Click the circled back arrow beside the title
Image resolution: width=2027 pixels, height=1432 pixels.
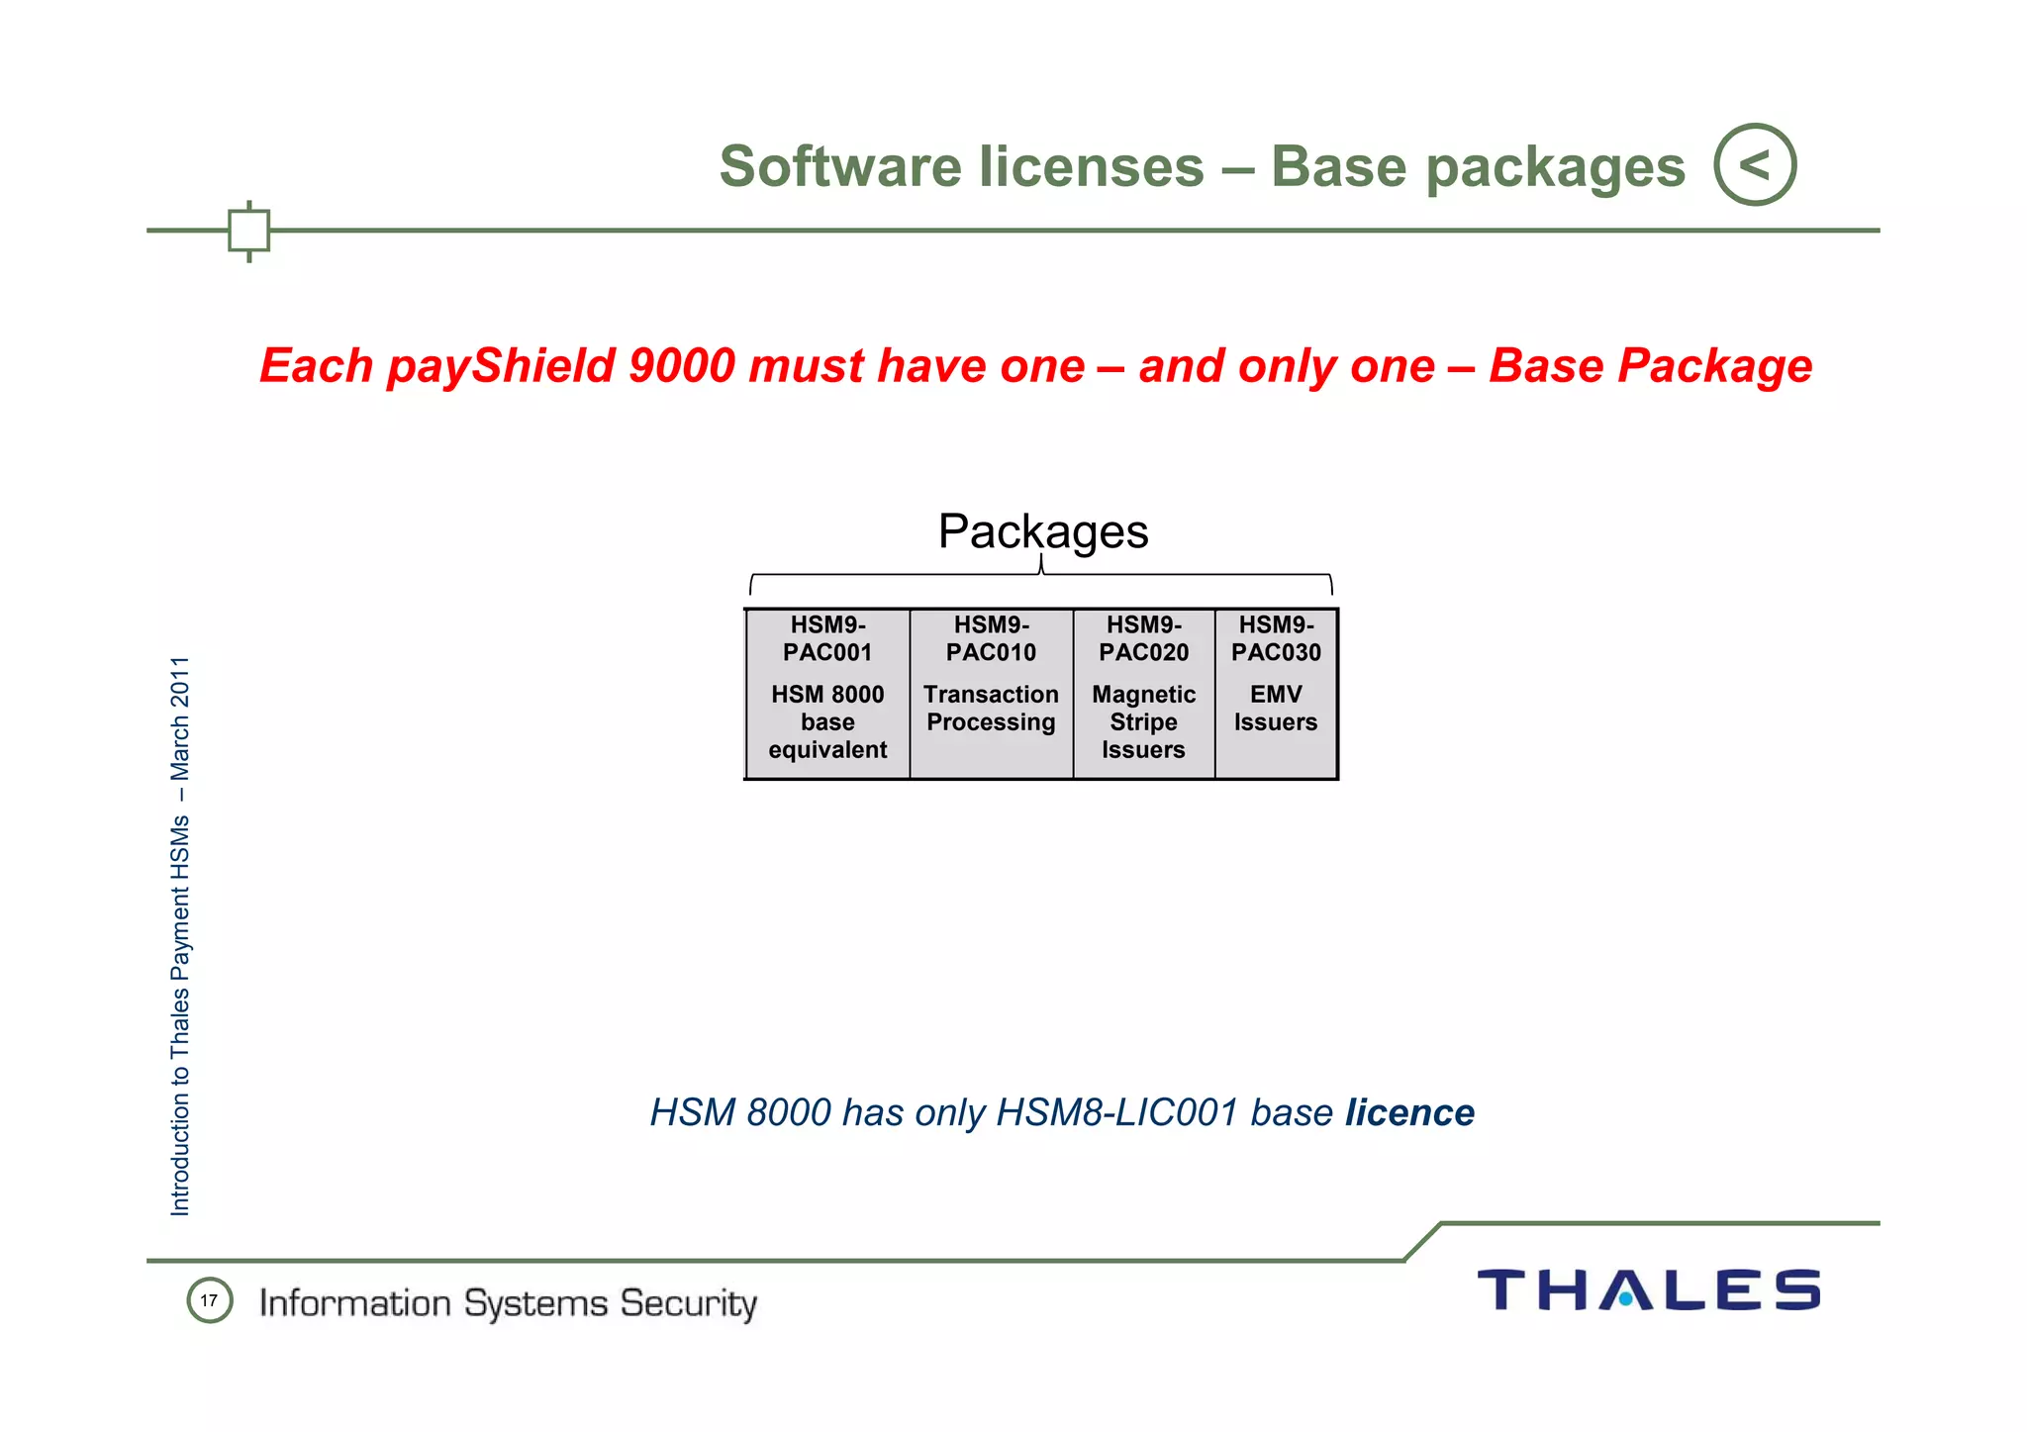[x=1755, y=164]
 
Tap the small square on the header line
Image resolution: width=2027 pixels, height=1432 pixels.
[x=248, y=231]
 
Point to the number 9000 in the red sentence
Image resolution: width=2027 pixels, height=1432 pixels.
[x=682, y=366]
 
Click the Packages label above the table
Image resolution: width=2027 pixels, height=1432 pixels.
[x=1043, y=531]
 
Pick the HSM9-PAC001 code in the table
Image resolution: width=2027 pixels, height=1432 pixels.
[x=827, y=638]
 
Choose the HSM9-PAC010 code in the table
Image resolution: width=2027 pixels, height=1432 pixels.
[x=991, y=638]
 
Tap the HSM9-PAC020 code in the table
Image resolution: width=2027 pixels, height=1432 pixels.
[x=1143, y=638]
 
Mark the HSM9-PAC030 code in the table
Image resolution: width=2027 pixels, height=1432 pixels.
[x=1276, y=638]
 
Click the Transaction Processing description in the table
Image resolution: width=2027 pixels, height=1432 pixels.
[x=991, y=709]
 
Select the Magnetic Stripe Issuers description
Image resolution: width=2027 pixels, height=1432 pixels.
[x=1143, y=722]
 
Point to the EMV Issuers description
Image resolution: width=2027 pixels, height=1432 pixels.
[x=1276, y=709]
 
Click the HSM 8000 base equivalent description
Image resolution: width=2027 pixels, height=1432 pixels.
[x=827, y=722]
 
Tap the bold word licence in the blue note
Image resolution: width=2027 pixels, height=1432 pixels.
[x=1409, y=1113]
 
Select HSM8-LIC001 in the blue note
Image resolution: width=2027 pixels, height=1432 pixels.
[x=1116, y=1113]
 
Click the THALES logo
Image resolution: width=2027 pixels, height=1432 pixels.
[x=1648, y=1290]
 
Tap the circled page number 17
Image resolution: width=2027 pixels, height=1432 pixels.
[x=209, y=1300]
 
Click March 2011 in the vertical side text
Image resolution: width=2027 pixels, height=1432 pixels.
[x=180, y=717]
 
